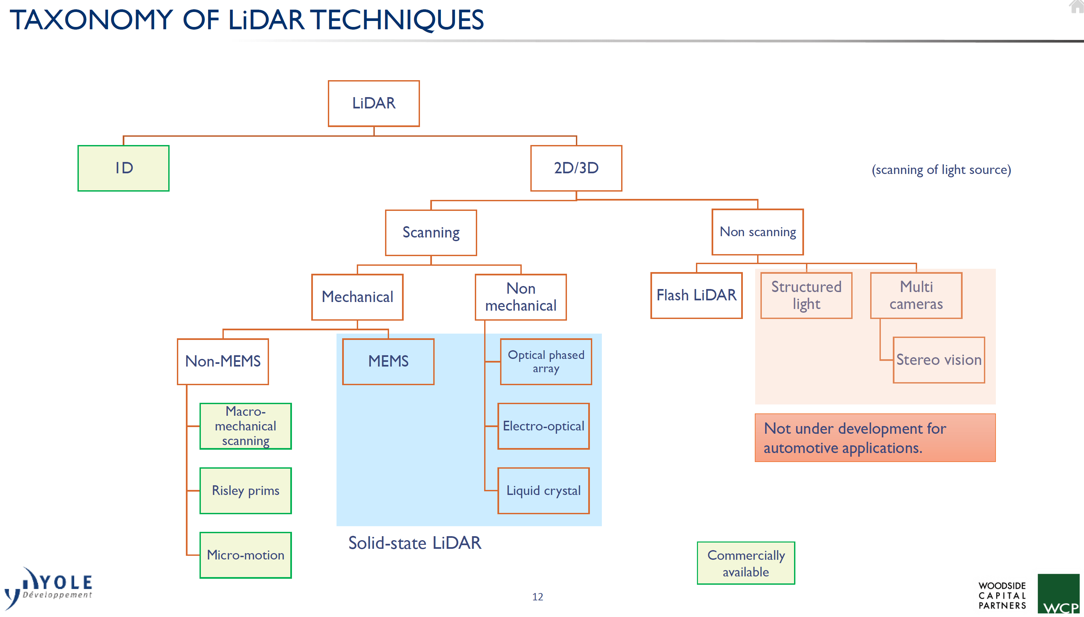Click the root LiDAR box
click(374, 103)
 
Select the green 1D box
click(123, 168)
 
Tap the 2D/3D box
click(576, 168)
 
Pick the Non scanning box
click(757, 232)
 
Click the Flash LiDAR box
click(696, 295)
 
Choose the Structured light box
click(806, 295)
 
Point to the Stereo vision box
click(939, 360)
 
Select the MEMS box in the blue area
click(388, 362)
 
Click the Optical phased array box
click(546, 362)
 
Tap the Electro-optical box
click(543, 426)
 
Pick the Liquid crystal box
click(543, 491)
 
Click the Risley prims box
click(246, 491)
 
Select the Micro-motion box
click(246, 555)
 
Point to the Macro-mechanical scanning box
click(246, 426)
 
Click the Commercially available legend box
click(745, 563)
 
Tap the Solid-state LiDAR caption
click(415, 543)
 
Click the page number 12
click(538, 597)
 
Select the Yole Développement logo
click(49, 587)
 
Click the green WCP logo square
click(1058, 593)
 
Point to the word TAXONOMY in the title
click(91, 20)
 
